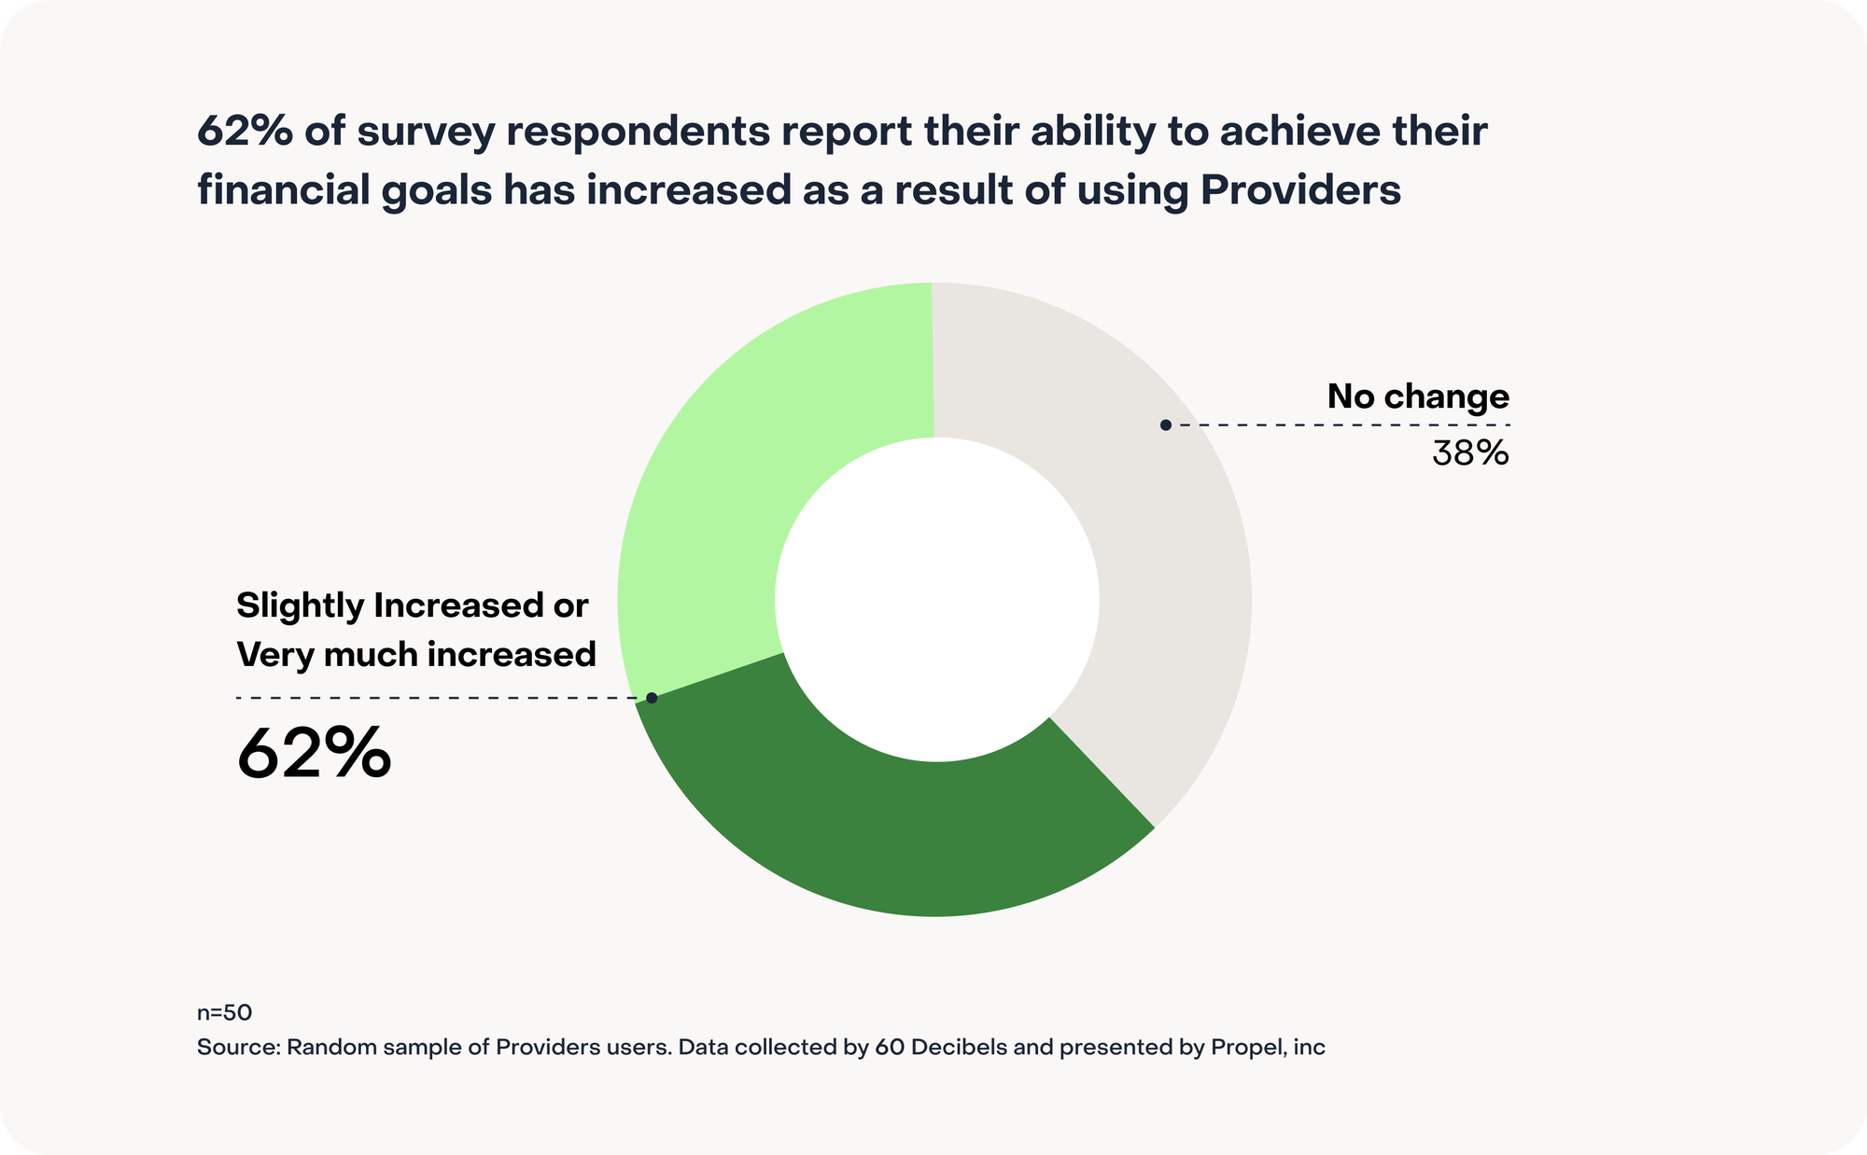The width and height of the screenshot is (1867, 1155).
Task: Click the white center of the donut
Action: coord(936,600)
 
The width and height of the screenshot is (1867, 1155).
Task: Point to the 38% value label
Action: coord(1469,453)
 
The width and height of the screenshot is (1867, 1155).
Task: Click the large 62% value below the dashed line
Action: coord(314,754)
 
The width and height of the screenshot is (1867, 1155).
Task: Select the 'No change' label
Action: coord(1417,397)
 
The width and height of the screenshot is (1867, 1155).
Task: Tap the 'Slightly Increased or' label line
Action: coord(412,605)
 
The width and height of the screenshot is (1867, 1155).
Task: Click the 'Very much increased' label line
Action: coord(415,655)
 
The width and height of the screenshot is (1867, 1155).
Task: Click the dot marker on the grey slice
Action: coord(1166,425)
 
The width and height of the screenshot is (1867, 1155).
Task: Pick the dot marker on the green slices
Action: coord(652,698)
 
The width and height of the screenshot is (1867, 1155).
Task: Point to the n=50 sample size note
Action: coord(224,1012)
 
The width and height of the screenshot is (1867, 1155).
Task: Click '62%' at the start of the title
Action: coord(245,132)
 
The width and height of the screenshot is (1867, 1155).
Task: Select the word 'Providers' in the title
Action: coord(1300,190)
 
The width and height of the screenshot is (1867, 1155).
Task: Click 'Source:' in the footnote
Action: coord(238,1047)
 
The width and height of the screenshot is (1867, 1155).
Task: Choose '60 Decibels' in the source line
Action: coord(940,1047)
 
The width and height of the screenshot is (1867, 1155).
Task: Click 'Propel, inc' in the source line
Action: coord(1268,1047)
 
